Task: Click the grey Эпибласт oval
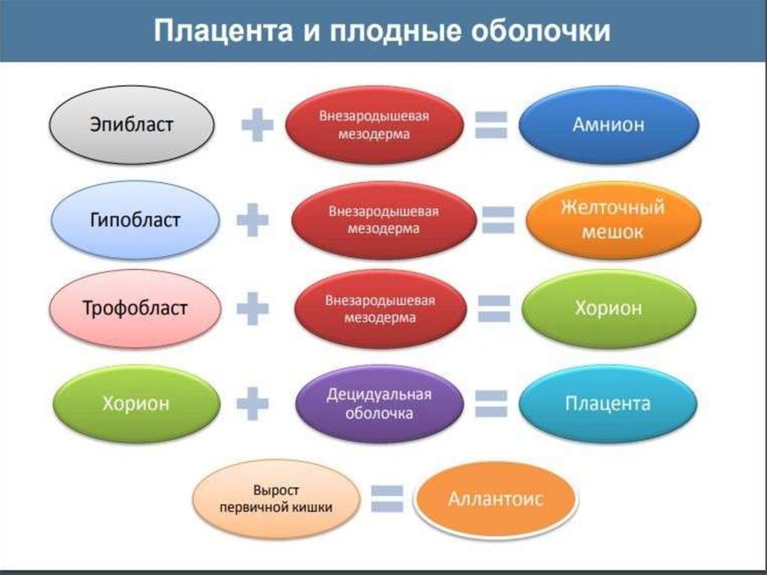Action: [132, 123]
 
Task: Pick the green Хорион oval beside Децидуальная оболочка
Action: [136, 404]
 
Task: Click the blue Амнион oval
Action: [608, 124]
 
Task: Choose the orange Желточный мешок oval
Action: [612, 220]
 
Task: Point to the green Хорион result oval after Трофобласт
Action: [608, 308]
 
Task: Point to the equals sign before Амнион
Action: [491, 124]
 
